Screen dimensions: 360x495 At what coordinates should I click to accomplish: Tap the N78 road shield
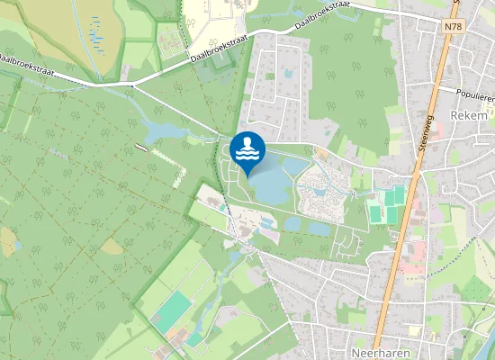453,28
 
